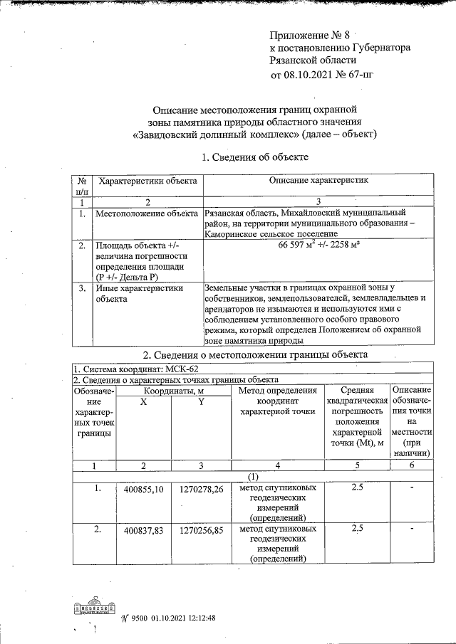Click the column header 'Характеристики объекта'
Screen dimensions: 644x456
click(x=147, y=181)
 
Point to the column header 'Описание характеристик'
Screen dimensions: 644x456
click(x=318, y=181)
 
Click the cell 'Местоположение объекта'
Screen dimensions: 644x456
click(x=146, y=213)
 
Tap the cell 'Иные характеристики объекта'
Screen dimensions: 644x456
click(x=139, y=294)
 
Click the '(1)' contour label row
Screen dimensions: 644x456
click(x=252, y=475)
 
